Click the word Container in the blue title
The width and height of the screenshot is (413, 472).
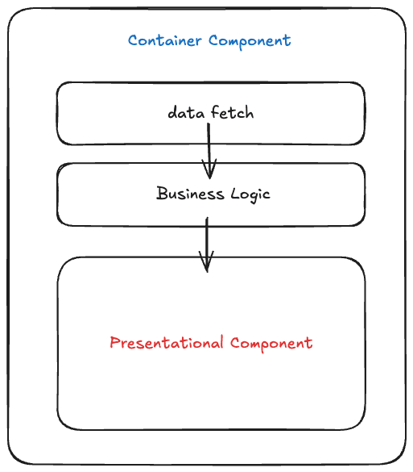(x=164, y=40)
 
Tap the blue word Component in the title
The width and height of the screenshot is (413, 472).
(x=250, y=42)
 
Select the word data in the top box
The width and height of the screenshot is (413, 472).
(x=186, y=113)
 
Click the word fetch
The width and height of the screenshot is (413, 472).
(x=232, y=112)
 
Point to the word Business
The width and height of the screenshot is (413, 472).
(x=190, y=194)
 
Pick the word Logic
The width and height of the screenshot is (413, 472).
(x=250, y=194)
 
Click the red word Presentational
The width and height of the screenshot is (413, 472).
(x=167, y=343)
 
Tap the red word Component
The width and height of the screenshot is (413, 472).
(x=271, y=344)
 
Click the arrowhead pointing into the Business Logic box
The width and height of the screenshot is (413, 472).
(x=209, y=169)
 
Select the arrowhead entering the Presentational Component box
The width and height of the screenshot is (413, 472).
(x=207, y=262)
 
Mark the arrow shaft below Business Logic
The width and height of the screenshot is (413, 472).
(x=207, y=244)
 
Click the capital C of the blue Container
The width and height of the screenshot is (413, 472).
(x=134, y=40)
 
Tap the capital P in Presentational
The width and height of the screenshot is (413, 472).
(x=115, y=342)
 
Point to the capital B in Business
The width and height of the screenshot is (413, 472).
(x=162, y=194)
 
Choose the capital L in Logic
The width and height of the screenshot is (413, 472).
(x=236, y=194)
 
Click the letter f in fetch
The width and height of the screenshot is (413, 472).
(x=215, y=111)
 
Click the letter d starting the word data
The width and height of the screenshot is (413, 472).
(x=173, y=113)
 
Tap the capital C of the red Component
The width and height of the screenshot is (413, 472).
(x=236, y=343)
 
